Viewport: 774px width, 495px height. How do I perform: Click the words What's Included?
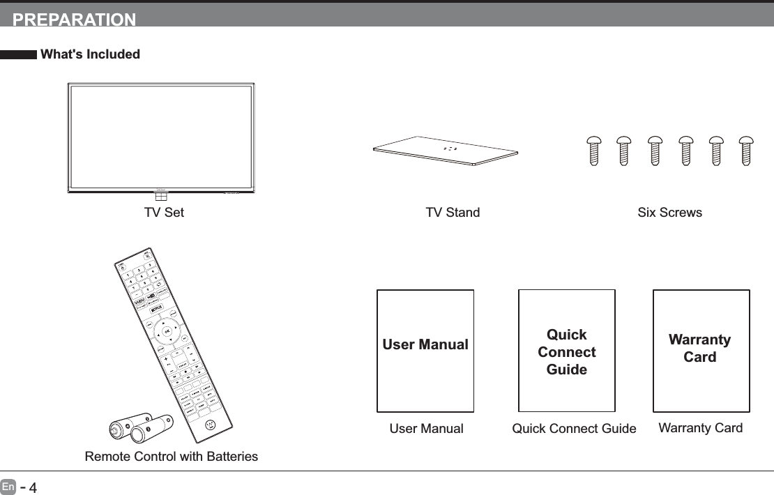[x=91, y=54]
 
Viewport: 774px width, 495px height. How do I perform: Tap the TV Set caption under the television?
[x=164, y=213]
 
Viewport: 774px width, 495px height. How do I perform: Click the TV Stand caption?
[x=453, y=213]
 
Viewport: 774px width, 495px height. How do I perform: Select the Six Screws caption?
[x=669, y=213]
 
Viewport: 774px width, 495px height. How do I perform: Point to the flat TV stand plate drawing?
[x=446, y=151]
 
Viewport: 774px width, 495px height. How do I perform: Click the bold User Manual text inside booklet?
[x=425, y=345]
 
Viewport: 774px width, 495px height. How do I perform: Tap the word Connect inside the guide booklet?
[x=567, y=352]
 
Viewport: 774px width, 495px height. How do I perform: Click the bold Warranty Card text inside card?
[x=700, y=349]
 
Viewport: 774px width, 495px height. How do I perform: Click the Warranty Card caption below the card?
[x=700, y=428]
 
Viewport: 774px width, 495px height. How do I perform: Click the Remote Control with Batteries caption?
[x=171, y=457]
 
